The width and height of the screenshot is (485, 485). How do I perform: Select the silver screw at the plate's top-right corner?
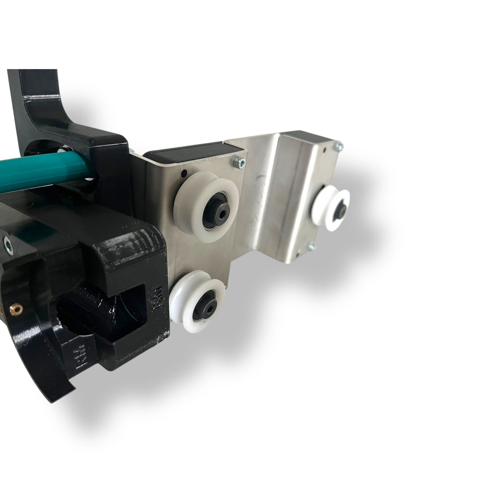click(x=341, y=146)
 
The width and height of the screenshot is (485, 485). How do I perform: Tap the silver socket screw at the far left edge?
click(x=6, y=242)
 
